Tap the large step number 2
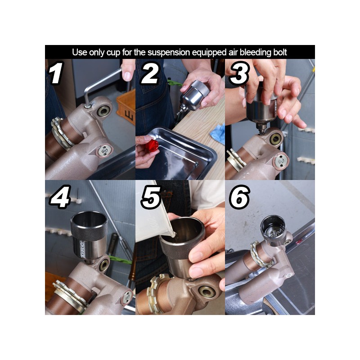pyautogui.click(x=150, y=73)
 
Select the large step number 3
pyautogui.click(x=239, y=73)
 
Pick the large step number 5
pyautogui.click(x=150, y=197)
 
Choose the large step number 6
pyautogui.click(x=240, y=197)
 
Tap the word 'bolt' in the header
pyautogui.click(x=280, y=52)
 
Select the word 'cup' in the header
pyautogui.click(x=113, y=53)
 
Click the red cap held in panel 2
pyautogui.click(x=153, y=144)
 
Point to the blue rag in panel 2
pyautogui.click(x=218, y=134)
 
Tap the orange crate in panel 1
pyautogui.click(x=126, y=107)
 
